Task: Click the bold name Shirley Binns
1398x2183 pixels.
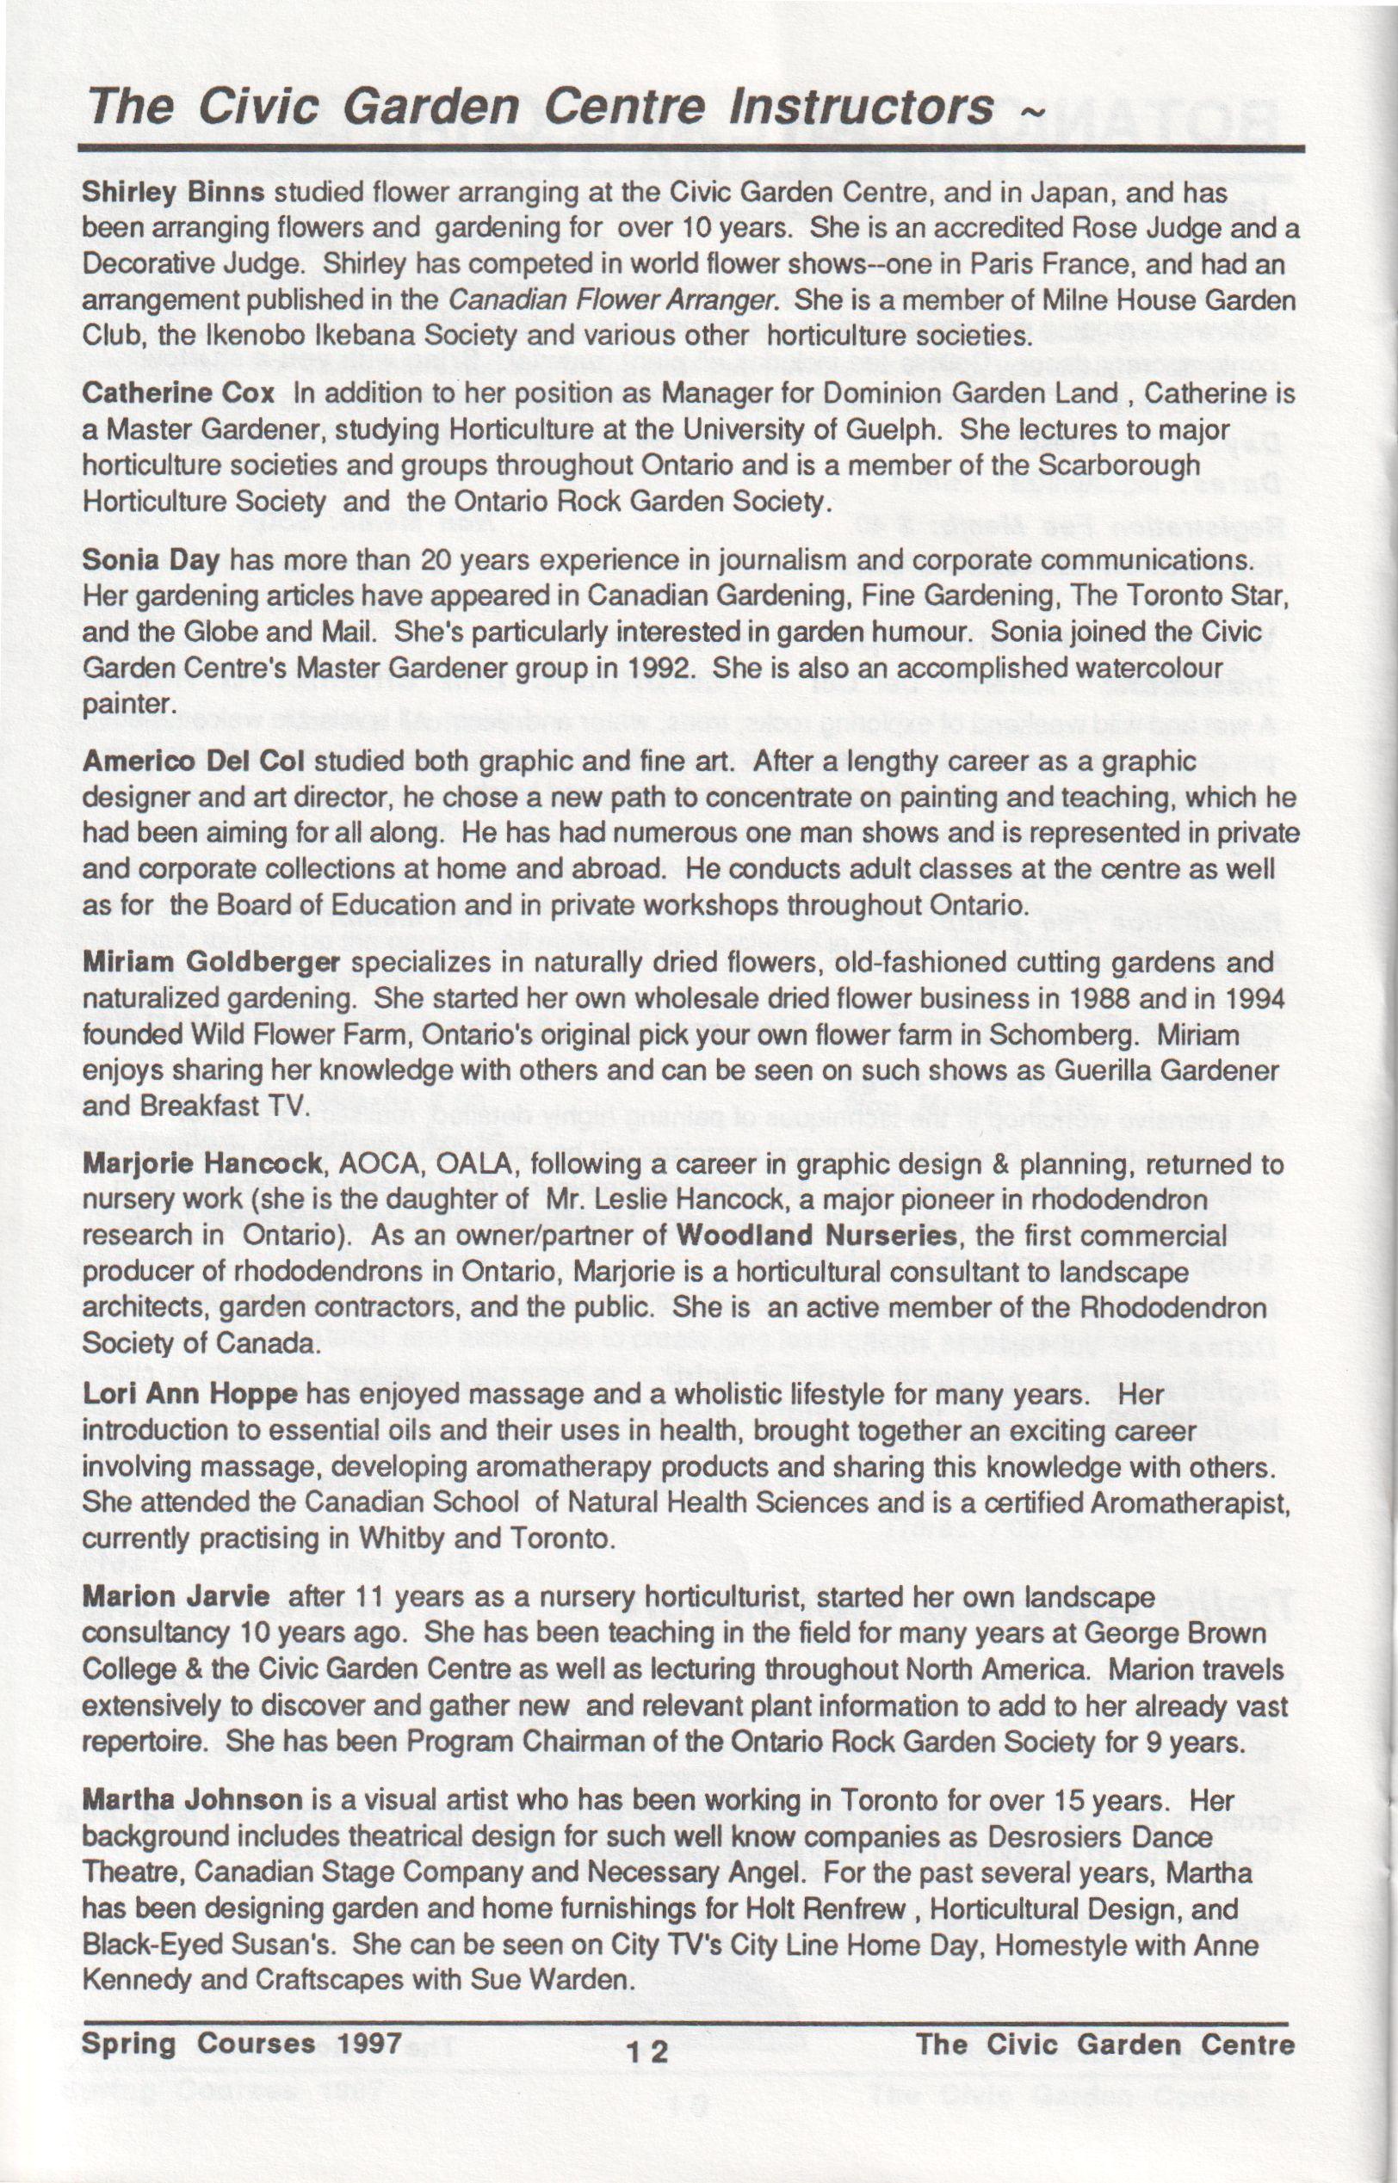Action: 172,194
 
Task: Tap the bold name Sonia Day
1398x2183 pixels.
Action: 151,560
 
